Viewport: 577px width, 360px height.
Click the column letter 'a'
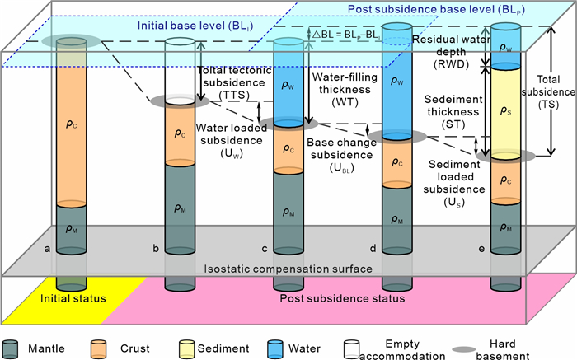[x=48, y=248]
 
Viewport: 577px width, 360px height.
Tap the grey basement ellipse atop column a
[x=71, y=41]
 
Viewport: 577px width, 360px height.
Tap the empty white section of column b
[x=180, y=70]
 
